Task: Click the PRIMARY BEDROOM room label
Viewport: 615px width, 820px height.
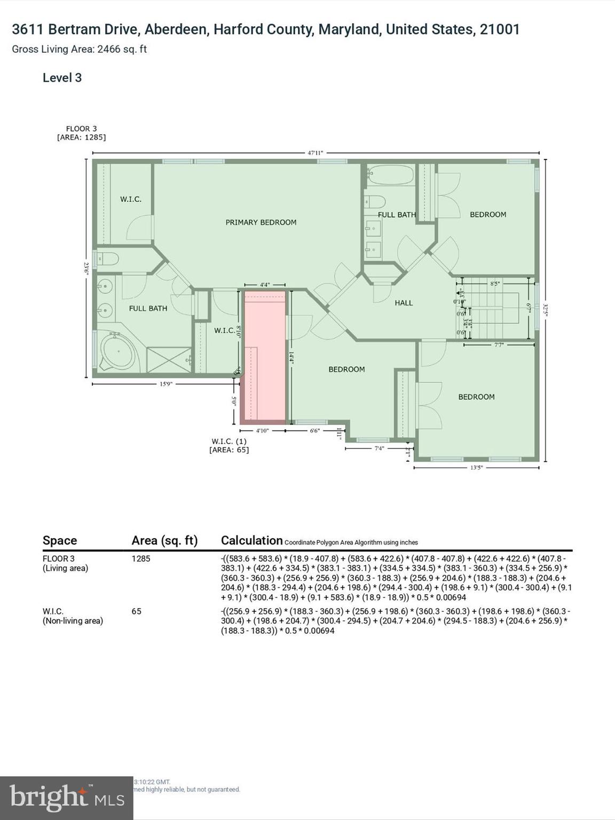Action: [x=261, y=223]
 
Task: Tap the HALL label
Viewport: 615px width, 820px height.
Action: [x=404, y=303]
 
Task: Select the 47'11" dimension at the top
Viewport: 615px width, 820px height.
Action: [x=315, y=153]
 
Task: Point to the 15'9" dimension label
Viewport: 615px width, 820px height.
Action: [x=166, y=384]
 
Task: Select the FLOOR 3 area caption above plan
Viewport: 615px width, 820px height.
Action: [x=81, y=133]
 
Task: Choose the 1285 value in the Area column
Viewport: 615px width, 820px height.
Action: [x=141, y=558]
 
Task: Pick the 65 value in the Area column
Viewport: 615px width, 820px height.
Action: [x=137, y=611]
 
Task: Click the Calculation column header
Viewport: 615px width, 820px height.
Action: [x=251, y=540]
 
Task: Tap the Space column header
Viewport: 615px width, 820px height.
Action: [x=60, y=540]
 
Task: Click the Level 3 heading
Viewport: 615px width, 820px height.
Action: [x=62, y=78]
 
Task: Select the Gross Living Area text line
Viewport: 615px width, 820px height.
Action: [x=80, y=49]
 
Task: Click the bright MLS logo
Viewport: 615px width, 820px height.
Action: [x=67, y=798]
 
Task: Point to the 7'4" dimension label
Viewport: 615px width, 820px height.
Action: [x=379, y=448]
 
